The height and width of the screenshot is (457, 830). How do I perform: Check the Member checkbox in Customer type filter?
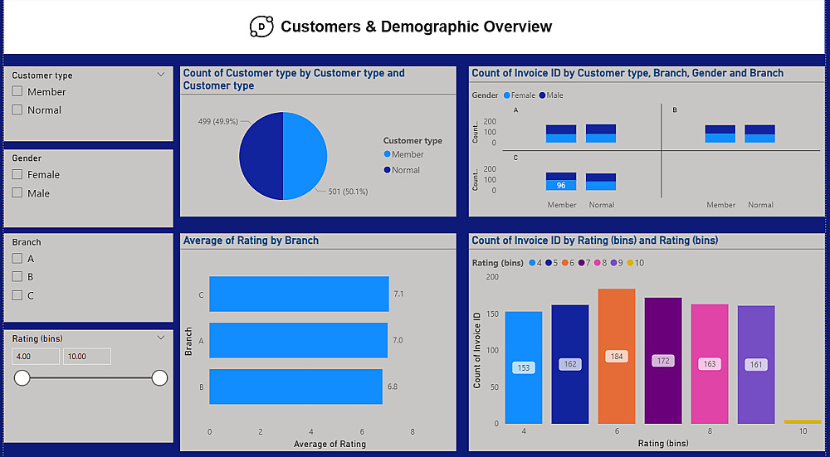(x=17, y=92)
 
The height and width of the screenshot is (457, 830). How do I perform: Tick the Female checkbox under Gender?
(x=17, y=175)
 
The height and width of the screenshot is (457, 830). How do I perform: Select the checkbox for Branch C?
(x=17, y=295)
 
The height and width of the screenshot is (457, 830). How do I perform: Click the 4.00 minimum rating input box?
(x=36, y=356)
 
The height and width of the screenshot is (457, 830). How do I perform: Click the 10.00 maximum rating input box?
(x=86, y=356)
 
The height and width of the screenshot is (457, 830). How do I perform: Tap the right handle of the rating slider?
(x=160, y=378)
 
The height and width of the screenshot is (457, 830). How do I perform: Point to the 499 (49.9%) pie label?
(x=217, y=121)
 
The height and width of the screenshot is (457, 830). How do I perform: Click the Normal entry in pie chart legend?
(x=405, y=170)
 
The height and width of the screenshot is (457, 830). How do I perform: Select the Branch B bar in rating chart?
(x=295, y=387)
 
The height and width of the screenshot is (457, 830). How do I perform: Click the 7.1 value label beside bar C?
(x=398, y=294)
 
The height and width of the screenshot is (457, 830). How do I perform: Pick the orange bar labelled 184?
(x=617, y=355)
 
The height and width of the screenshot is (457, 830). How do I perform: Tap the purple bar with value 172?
(x=662, y=360)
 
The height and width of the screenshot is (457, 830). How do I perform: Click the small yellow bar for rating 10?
(x=802, y=421)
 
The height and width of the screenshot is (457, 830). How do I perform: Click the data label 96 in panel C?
(x=561, y=185)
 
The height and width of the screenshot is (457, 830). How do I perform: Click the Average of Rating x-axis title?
(x=330, y=444)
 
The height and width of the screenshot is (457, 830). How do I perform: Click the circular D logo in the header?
(x=261, y=27)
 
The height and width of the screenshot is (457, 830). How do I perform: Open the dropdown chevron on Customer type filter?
(x=161, y=75)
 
